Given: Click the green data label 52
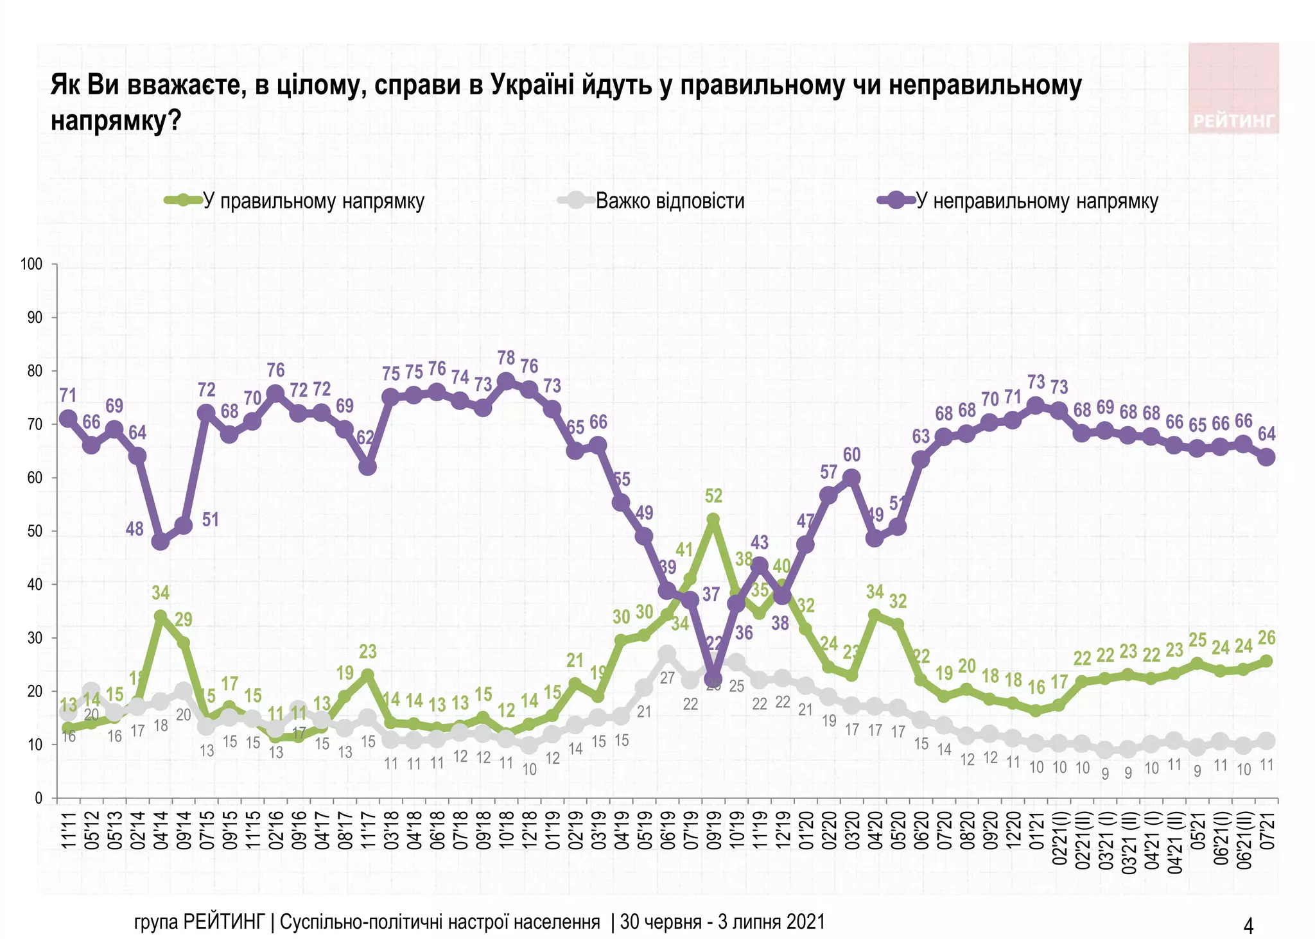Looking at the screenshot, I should click(713, 496).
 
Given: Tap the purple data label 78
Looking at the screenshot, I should click(506, 358).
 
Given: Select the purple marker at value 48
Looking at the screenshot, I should click(161, 541).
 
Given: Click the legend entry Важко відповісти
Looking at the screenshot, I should click(670, 201).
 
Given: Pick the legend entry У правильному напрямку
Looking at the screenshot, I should click(313, 201).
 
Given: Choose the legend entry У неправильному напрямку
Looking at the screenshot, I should click(1036, 201).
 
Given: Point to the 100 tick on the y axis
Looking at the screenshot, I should click(31, 264).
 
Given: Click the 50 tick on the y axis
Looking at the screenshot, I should click(34, 531).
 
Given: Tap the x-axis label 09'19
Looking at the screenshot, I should click(713, 831).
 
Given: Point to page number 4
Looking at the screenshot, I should click(1248, 926).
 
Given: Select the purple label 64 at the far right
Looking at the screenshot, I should click(1266, 435).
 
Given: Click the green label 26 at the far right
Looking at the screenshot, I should click(1266, 637).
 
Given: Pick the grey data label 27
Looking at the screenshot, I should click(667, 678).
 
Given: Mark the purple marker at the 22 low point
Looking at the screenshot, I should click(713, 679).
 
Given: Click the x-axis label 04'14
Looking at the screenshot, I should click(161, 831).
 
